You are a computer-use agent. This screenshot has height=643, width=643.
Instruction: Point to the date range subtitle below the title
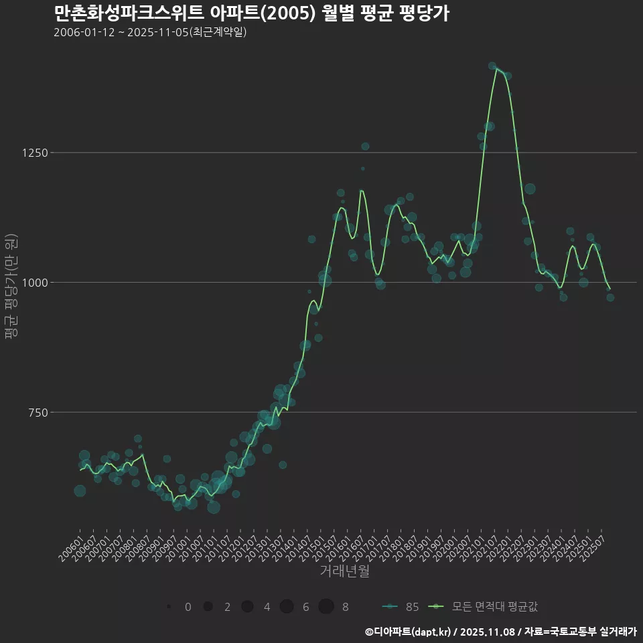pyautogui.click(x=150, y=32)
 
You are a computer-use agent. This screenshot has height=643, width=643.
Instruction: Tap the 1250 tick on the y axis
pyautogui.click(x=35, y=153)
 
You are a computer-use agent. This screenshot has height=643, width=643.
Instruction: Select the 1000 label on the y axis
pyautogui.click(x=35, y=283)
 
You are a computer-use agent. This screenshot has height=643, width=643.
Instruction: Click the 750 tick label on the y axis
pyautogui.click(x=38, y=413)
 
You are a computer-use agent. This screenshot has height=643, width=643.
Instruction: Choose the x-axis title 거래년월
pyautogui.click(x=344, y=571)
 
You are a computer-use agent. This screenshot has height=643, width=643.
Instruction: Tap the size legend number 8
pyautogui.click(x=345, y=607)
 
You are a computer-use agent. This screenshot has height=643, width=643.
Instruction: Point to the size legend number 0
pyautogui.click(x=188, y=607)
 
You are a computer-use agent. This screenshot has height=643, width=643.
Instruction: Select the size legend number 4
pyautogui.click(x=267, y=607)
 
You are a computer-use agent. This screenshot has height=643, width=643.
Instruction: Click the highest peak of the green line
pyautogui.click(x=496, y=68)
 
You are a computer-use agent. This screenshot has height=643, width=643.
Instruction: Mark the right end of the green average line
pyautogui.click(x=610, y=290)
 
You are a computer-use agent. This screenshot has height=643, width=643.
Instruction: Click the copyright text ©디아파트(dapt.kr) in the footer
pyautogui.click(x=408, y=632)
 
